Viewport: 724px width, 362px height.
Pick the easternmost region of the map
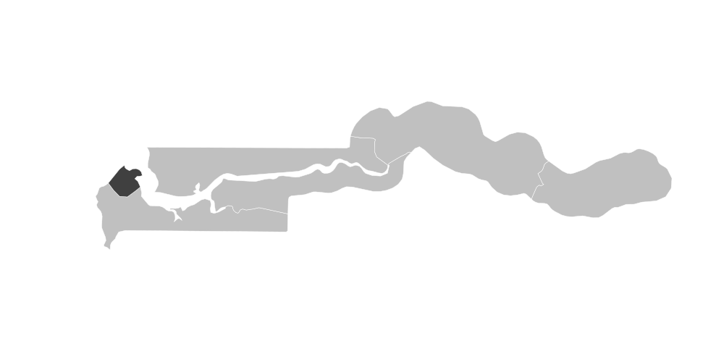point(615,185)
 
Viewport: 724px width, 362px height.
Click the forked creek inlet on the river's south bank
point(177,214)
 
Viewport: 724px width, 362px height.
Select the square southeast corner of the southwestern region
point(287,231)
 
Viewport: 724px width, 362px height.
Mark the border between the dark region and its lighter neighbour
point(116,190)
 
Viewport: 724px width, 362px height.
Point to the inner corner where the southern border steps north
point(289,198)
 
